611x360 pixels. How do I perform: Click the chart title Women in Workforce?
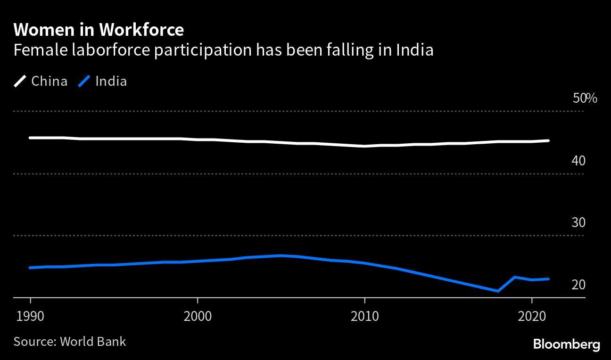99,30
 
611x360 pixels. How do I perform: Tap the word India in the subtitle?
414,50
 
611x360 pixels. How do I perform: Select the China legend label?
49,81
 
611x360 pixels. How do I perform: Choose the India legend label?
111,81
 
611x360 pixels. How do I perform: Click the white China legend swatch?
21,82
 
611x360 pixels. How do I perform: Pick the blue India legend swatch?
84,82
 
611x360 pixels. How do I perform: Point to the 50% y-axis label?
585,98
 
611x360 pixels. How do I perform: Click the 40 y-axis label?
578,161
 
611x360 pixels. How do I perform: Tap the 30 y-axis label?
578,222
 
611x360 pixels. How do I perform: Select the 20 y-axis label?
578,285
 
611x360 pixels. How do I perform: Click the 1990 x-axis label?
31,316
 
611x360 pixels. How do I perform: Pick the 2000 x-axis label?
198,316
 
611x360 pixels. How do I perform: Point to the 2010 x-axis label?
364,316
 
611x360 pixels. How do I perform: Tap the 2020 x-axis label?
531,316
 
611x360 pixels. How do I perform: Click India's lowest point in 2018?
498,291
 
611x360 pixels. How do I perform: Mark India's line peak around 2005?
281,256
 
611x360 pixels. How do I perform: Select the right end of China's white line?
548,140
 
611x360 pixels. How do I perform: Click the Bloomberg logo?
566,344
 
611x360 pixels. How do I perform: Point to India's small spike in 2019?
515,277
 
